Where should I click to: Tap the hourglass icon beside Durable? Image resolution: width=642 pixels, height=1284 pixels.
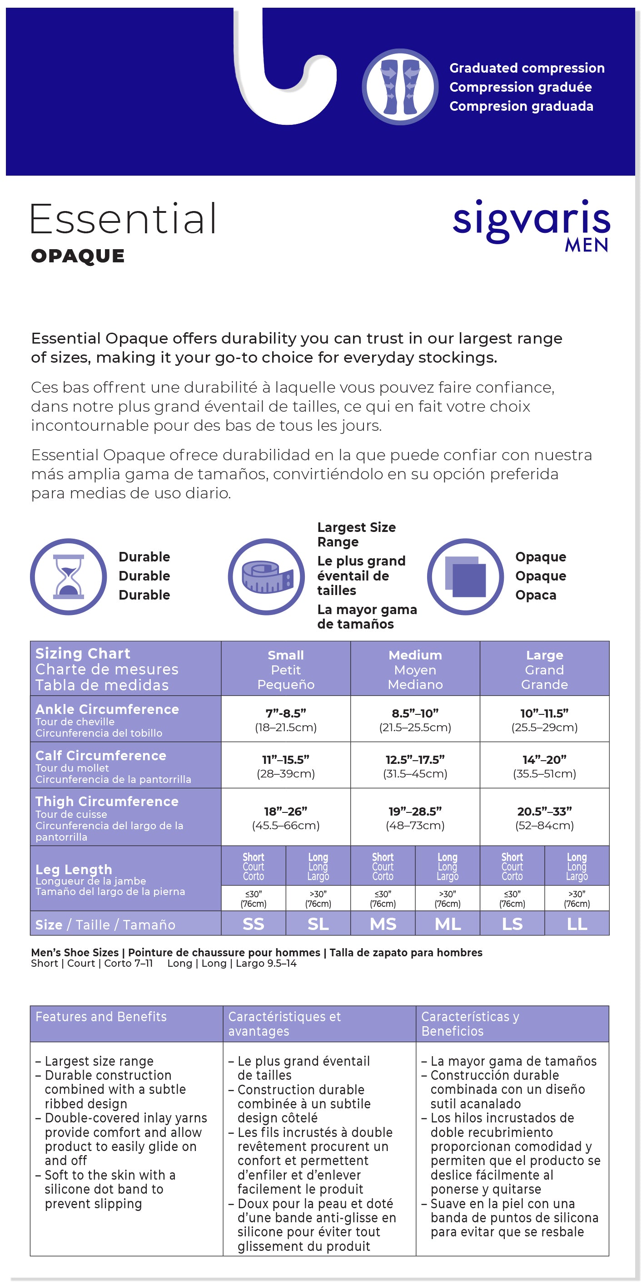68,576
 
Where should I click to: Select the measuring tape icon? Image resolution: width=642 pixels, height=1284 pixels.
266,576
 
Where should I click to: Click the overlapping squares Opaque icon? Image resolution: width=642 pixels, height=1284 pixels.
465,576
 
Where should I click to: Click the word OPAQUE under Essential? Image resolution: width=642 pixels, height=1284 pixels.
78,256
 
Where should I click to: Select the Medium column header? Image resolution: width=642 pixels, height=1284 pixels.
415,669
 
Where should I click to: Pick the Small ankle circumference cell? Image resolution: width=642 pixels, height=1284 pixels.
286,719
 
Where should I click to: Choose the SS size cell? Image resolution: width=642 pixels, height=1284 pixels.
254,924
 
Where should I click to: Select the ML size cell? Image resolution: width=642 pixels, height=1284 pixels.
448,924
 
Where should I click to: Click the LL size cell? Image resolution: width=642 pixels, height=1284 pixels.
577,924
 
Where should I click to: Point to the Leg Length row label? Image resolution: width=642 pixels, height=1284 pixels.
74,869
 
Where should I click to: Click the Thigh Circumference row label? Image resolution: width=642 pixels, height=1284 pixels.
107,802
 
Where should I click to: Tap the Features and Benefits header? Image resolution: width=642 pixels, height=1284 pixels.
101,1016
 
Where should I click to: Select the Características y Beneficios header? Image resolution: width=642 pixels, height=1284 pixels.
470,1023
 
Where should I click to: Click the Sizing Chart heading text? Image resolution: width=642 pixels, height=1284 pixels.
83,654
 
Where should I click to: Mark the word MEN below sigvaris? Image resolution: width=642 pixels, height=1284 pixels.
587,245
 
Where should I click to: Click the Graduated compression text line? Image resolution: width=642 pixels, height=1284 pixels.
527,68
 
